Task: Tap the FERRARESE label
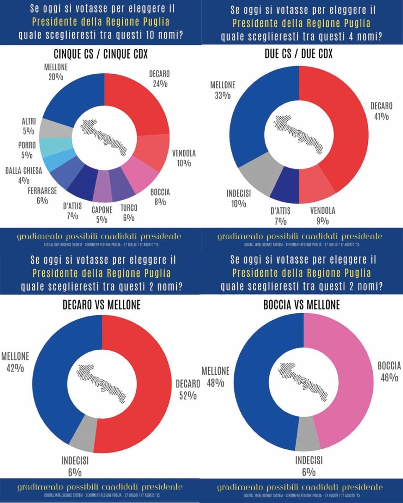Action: click(x=42, y=191)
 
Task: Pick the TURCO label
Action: click(x=129, y=207)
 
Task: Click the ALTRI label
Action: click(x=29, y=121)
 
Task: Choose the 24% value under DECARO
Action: click(x=161, y=83)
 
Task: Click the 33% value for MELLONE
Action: click(x=223, y=95)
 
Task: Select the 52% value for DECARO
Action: click(x=185, y=395)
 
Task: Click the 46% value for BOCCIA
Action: click(x=389, y=377)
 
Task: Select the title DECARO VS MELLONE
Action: click(x=101, y=305)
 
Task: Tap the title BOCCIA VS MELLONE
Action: click(x=302, y=305)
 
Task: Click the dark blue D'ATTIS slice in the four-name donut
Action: click(x=285, y=187)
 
